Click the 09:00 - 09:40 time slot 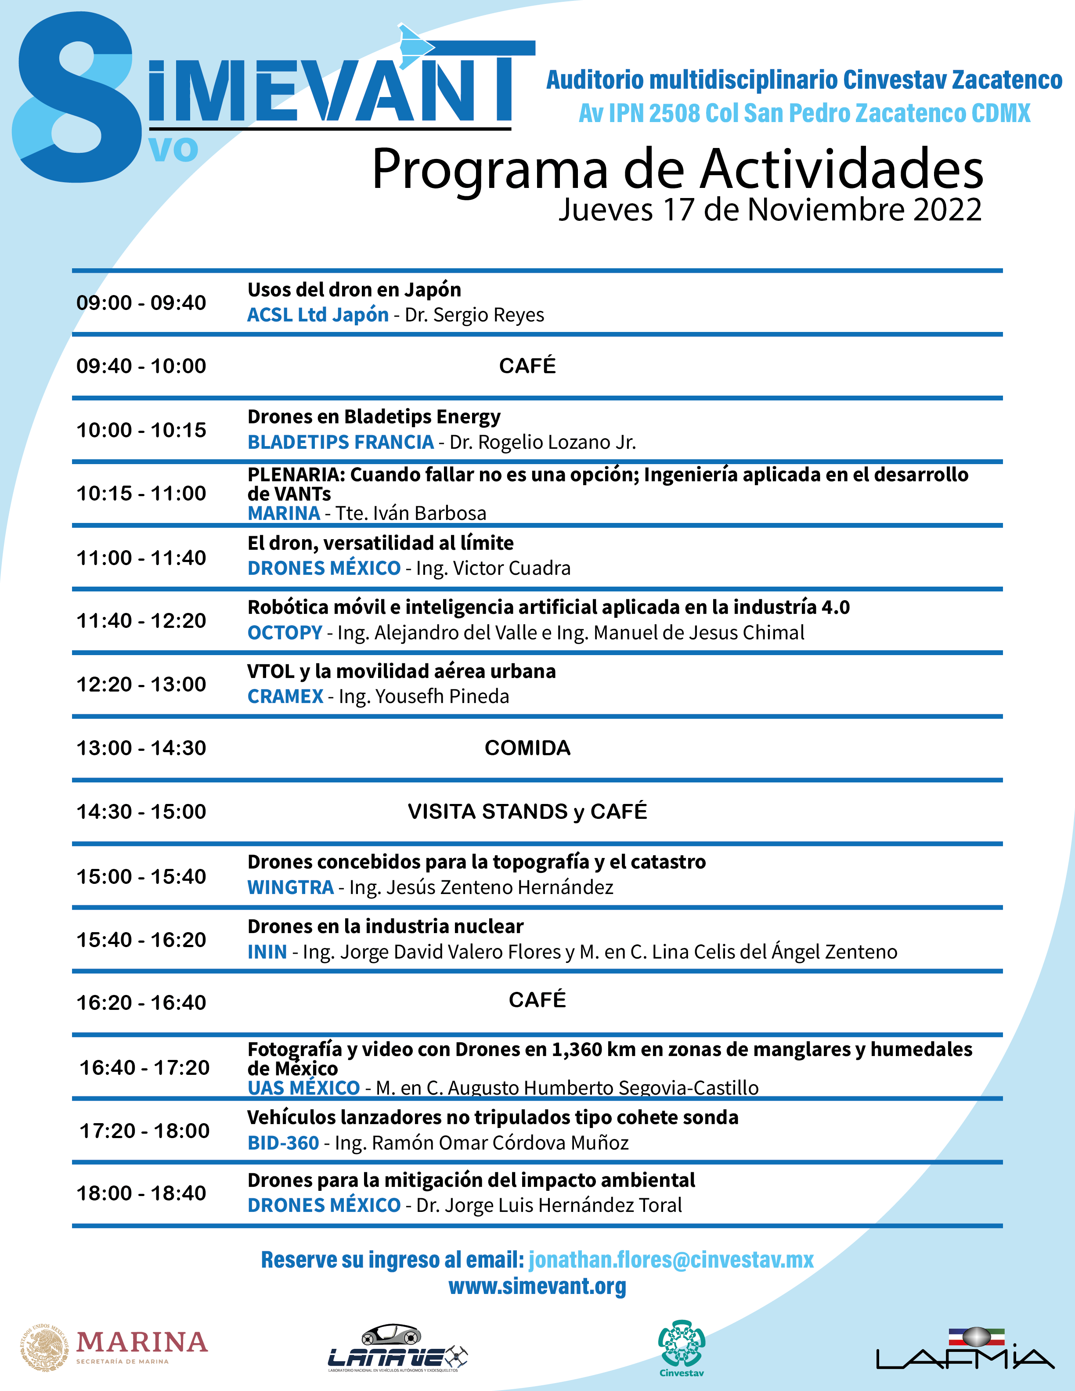[141, 303]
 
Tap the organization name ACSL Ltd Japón [318, 315]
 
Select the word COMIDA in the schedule [527, 748]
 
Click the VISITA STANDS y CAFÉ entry [527, 811]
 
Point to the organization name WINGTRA [290, 887]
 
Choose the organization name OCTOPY [285, 632]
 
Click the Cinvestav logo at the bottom [682, 1346]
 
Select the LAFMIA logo [965, 1348]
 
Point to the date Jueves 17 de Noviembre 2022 [770, 209]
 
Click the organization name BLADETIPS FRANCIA [341, 442]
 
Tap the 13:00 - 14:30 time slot [141, 748]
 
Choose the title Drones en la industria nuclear [385, 926]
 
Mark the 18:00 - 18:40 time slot [141, 1193]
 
